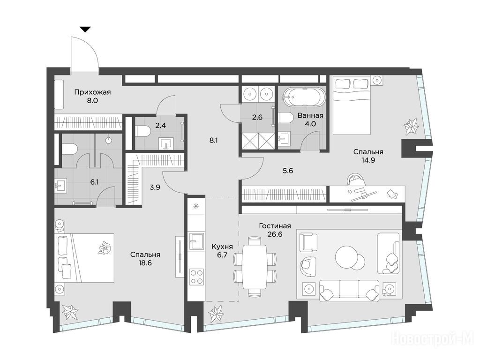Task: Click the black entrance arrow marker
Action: click(x=85, y=30)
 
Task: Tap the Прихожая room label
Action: click(x=92, y=92)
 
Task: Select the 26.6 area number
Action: click(x=275, y=234)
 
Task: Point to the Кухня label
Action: click(x=222, y=247)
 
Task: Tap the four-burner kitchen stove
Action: click(x=196, y=277)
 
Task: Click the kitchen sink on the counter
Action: click(x=196, y=241)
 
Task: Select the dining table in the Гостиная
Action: click(x=255, y=266)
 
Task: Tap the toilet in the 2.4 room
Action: click(x=142, y=132)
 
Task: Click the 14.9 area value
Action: click(x=368, y=160)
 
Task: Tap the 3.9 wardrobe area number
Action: click(x=155, y=187)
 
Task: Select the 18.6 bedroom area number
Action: click(x=145, y=262)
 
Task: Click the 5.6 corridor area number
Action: click(x=288, y=171)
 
